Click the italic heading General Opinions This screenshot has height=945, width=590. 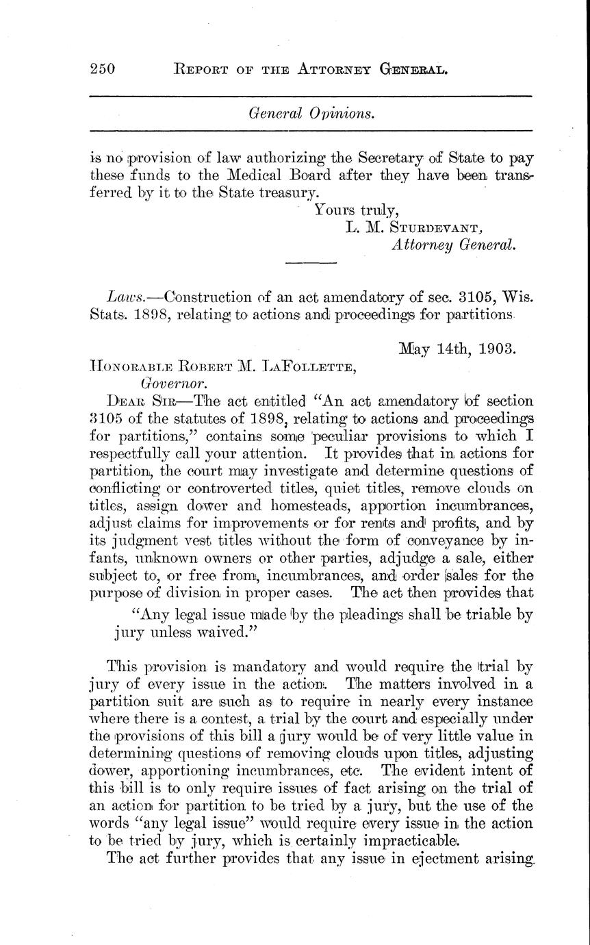311,114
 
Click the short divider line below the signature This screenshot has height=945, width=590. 311,262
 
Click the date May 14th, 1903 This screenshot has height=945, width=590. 457,349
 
